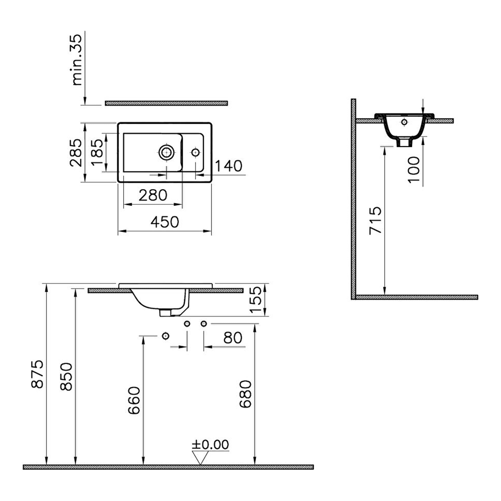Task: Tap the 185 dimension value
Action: click(97, 152)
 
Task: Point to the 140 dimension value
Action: click(229, 166)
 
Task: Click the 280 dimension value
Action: click(153, 195)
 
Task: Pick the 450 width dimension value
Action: click(165, 222)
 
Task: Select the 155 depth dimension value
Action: click(255, 300)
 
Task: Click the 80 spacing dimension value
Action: click(233, 338)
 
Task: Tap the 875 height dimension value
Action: click(37, 374)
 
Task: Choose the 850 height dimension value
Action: click(66, 377)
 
